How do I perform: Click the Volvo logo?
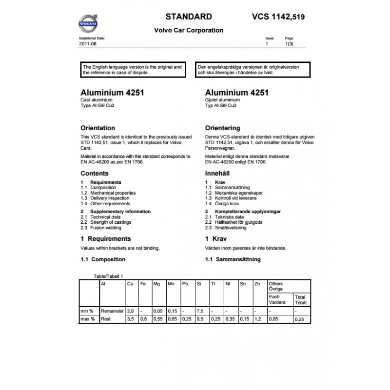point(88,22)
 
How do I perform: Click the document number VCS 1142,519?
point(279,16)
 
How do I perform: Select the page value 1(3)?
point(290,44)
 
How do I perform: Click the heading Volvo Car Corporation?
point(189,30)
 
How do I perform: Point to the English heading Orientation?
point(97,128)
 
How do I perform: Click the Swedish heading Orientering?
point(223,128)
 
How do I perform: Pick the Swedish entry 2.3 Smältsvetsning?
point(226,228)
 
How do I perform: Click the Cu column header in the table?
point(130,284)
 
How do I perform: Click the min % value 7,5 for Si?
point(199,311)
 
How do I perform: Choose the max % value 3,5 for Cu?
point(130,319)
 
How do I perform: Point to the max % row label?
point(88,319)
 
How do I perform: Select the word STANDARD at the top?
point(189,16)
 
